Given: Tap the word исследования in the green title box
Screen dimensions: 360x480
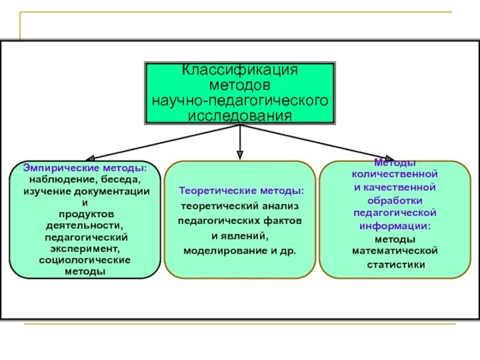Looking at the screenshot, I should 240,115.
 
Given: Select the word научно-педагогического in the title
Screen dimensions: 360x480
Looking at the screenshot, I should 240,100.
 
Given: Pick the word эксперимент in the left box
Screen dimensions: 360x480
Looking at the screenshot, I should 85,249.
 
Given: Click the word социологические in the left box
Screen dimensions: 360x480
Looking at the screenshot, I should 85,260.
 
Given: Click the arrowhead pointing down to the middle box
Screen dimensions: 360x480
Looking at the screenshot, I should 240,154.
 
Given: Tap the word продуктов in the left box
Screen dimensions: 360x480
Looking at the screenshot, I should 85,214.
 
